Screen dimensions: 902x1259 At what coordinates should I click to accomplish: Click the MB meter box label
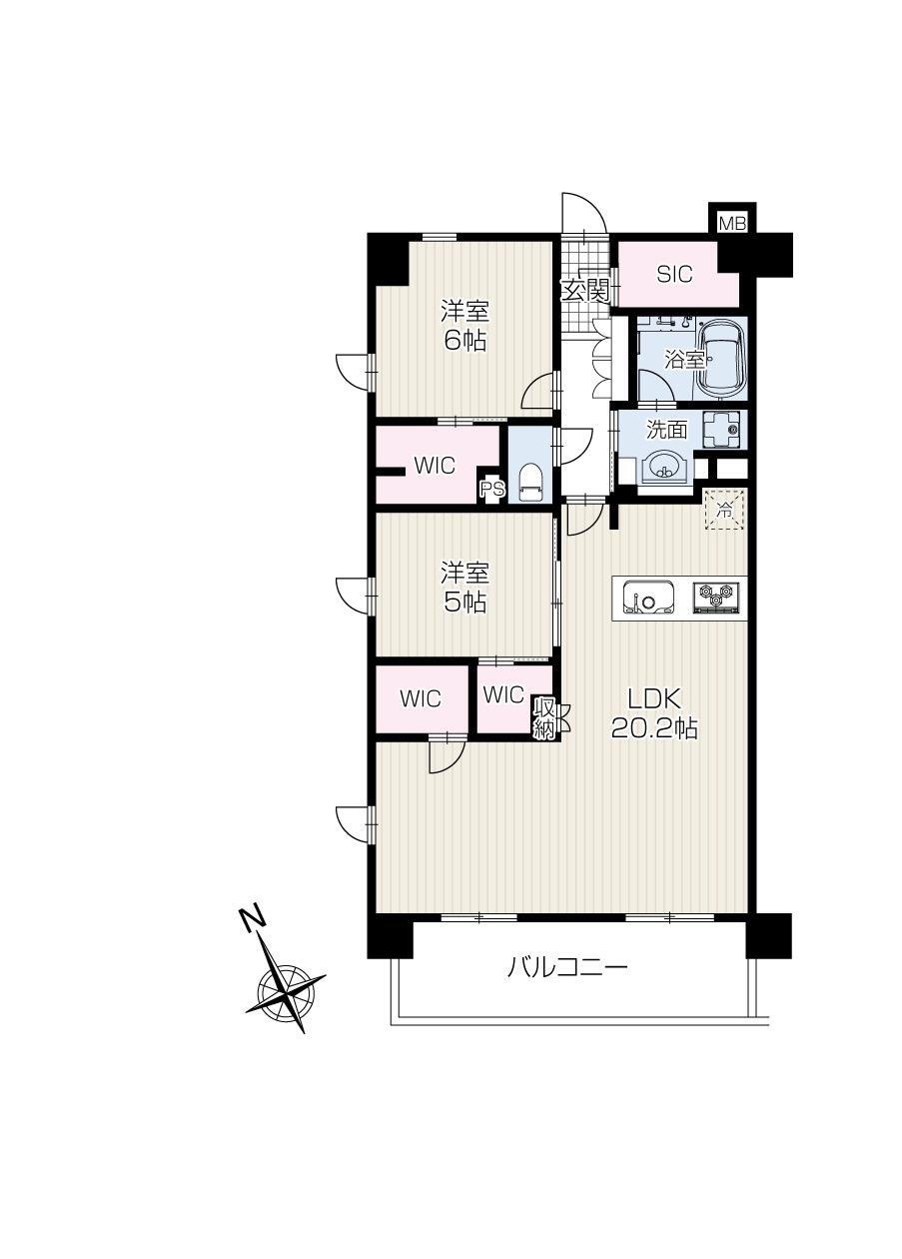[x=732, y=224]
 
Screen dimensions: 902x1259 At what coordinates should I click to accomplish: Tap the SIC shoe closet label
[x=675, y=274]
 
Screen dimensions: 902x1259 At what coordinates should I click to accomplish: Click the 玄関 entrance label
[x=587, y=291]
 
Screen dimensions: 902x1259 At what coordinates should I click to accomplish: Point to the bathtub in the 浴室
[x=720, y=360]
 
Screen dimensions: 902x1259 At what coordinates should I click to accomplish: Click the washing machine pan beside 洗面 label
[x=722, y=430]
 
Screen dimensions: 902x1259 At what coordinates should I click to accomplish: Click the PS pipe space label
[x=491, y=489]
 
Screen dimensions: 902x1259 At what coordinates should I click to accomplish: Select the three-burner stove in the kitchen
[x=716, y=597]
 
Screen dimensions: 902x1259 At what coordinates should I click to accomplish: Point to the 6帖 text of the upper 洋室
[x=465, y=341]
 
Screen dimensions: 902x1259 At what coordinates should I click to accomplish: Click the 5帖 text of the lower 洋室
[x=465, y=604]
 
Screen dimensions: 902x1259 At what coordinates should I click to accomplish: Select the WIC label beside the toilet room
[x=435, y=466]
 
